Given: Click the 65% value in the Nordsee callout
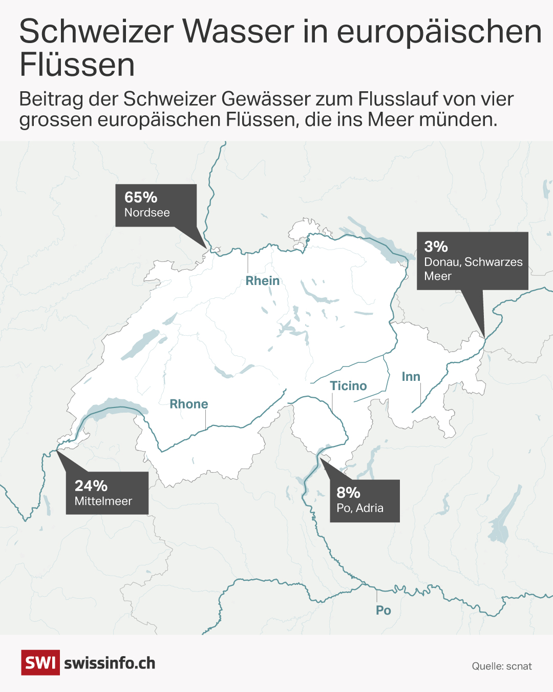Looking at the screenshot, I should click(141, 197).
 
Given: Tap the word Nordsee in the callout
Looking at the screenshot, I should click(147, 213).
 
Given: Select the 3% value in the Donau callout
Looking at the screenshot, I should click(436, 247).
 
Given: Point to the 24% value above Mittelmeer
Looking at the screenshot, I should click(91, 486).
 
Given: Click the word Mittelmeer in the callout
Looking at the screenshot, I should click(103, 501).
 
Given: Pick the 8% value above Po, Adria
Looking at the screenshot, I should click(348, 493).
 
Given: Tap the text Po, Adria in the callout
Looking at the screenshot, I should click(360, 508).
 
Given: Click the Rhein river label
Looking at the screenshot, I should click(263, 281).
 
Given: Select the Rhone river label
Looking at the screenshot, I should click(189, 404).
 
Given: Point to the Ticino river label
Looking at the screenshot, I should click(348, 386).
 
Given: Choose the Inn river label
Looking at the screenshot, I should click(411, 377).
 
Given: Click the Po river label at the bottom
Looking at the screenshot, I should click(384, 610).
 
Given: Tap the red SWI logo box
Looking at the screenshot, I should click(40, 663).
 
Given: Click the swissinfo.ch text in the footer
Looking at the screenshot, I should click(110, 663).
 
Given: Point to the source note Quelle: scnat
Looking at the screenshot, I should click(502, 666).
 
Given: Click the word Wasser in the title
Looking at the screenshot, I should click(238, 31).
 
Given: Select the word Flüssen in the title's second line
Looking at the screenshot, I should click(77, 65).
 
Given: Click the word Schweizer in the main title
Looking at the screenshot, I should click(97, 31).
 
